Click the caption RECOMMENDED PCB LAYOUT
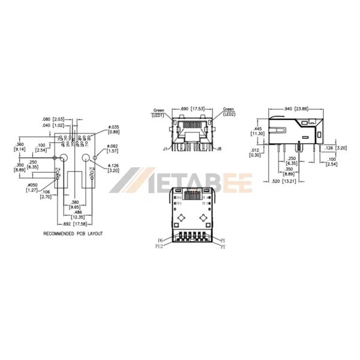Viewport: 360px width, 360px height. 73,233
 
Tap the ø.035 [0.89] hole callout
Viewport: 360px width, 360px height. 114,130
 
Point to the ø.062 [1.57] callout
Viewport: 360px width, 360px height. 115,149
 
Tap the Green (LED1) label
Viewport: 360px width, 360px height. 159,113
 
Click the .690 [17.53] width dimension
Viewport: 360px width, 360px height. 193,109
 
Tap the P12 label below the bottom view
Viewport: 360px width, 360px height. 159,246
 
